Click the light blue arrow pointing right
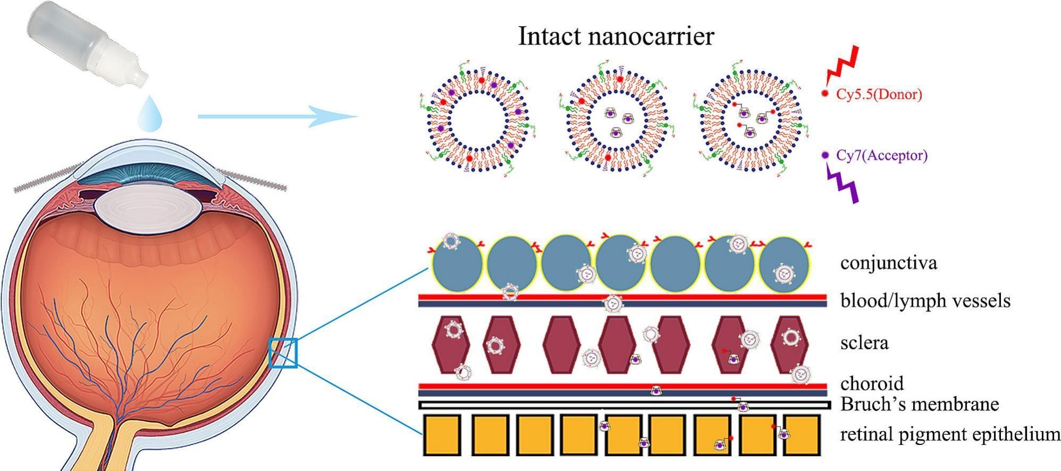[x=276, y=116]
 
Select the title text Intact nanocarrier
[x=616, y=36]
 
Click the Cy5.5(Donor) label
[x=879, y=94]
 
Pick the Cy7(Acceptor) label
[x=881, y=155]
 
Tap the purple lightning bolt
[x=843, y=183]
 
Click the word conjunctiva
[x=888, y=263]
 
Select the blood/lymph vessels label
[x=925, y=301]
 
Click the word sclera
[x=864, y=343]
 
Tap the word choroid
[x=872, y=383]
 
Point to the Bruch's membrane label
[x=919, y=404]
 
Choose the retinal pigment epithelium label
[x=949, y=434]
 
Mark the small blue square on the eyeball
[x=283, y=352]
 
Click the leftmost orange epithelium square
[x=442, y=435]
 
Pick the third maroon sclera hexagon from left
[x=561, y=344]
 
